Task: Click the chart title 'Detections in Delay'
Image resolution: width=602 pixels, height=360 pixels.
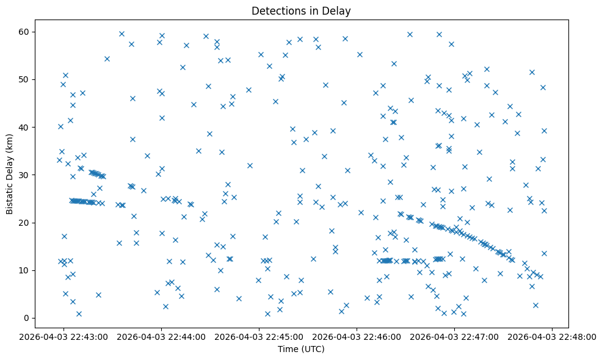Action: tap(301, 11)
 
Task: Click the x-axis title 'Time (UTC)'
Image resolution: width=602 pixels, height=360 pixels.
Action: tap(301, 350)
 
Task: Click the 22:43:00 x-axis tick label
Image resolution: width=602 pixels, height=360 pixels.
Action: tap(64, 336)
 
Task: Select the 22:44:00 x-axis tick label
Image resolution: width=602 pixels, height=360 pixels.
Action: tap(162, 336)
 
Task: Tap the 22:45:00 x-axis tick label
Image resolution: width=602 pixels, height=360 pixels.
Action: tap(259, 336)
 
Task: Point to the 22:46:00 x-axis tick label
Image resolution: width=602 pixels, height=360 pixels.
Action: tap(357, 336)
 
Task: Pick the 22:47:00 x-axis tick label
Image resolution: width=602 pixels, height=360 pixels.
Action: tap(455, 336)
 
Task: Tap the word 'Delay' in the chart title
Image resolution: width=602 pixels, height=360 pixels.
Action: tap(338, 11)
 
